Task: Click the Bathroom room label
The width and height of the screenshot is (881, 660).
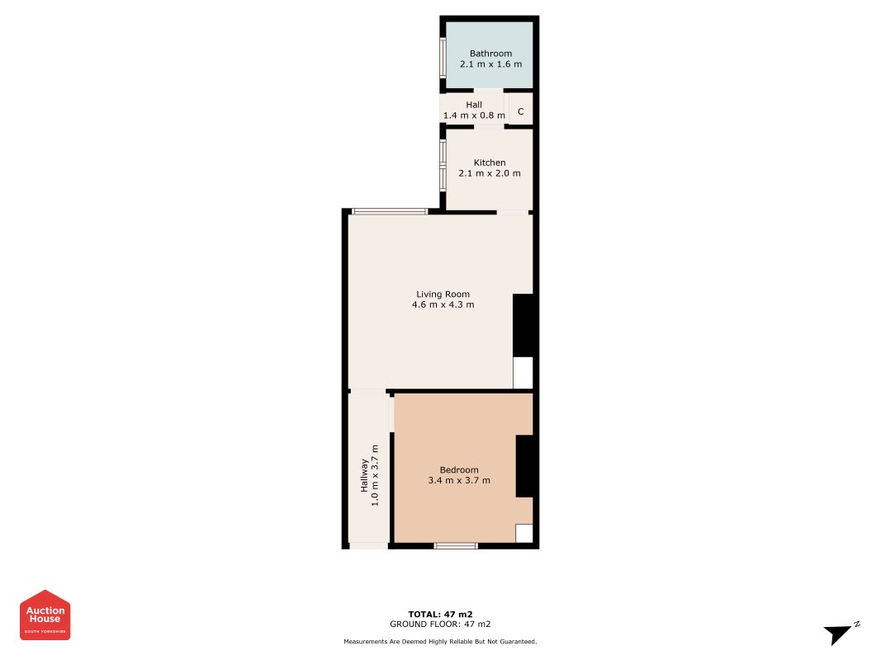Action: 490,54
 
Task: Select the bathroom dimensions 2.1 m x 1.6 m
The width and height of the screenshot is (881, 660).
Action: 490,64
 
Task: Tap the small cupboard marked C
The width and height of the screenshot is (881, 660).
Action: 520,111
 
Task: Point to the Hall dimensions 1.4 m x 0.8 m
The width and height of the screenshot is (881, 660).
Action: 474,116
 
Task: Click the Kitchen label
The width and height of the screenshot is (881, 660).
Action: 490,163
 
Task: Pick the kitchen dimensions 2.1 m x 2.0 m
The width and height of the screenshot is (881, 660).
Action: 490,173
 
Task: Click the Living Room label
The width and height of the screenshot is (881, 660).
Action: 443,294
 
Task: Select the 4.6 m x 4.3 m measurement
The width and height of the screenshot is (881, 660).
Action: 443,304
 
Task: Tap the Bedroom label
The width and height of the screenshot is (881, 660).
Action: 459,469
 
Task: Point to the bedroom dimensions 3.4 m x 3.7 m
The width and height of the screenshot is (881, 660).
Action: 459,480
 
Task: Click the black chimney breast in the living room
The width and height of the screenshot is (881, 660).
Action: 523,325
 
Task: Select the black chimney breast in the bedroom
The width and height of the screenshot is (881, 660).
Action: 525,466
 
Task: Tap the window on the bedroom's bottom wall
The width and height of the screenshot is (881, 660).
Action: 456,545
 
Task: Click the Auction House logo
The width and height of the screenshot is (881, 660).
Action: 45,615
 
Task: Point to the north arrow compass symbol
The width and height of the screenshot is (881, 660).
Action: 840,634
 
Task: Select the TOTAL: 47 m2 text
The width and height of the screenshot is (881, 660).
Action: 442,614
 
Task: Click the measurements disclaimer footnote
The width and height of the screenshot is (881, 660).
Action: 441,641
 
